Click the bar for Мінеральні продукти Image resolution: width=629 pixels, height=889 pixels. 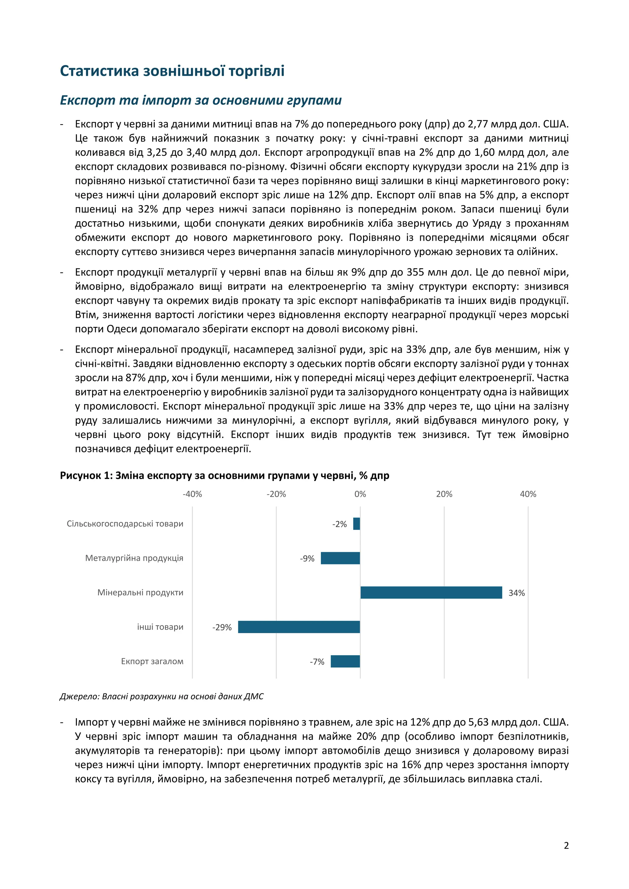coord(431,592)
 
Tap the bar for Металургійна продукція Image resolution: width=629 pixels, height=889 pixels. coord(340,558)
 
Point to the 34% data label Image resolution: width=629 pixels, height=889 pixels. coord(516,593)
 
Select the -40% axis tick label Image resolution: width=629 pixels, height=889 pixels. coord(193,494)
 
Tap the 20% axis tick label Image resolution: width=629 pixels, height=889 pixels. coord(444,494)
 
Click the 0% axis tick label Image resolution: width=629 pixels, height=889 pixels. coord(360,494)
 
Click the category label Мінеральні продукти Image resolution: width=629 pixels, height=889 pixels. coord(140,592)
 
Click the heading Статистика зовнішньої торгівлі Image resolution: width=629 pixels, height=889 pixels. coord(172,71)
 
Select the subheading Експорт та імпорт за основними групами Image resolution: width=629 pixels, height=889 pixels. coord(201,100)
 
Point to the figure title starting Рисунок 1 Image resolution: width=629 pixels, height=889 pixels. coord(224,476)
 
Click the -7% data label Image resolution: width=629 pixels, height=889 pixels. coord(317,662)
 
